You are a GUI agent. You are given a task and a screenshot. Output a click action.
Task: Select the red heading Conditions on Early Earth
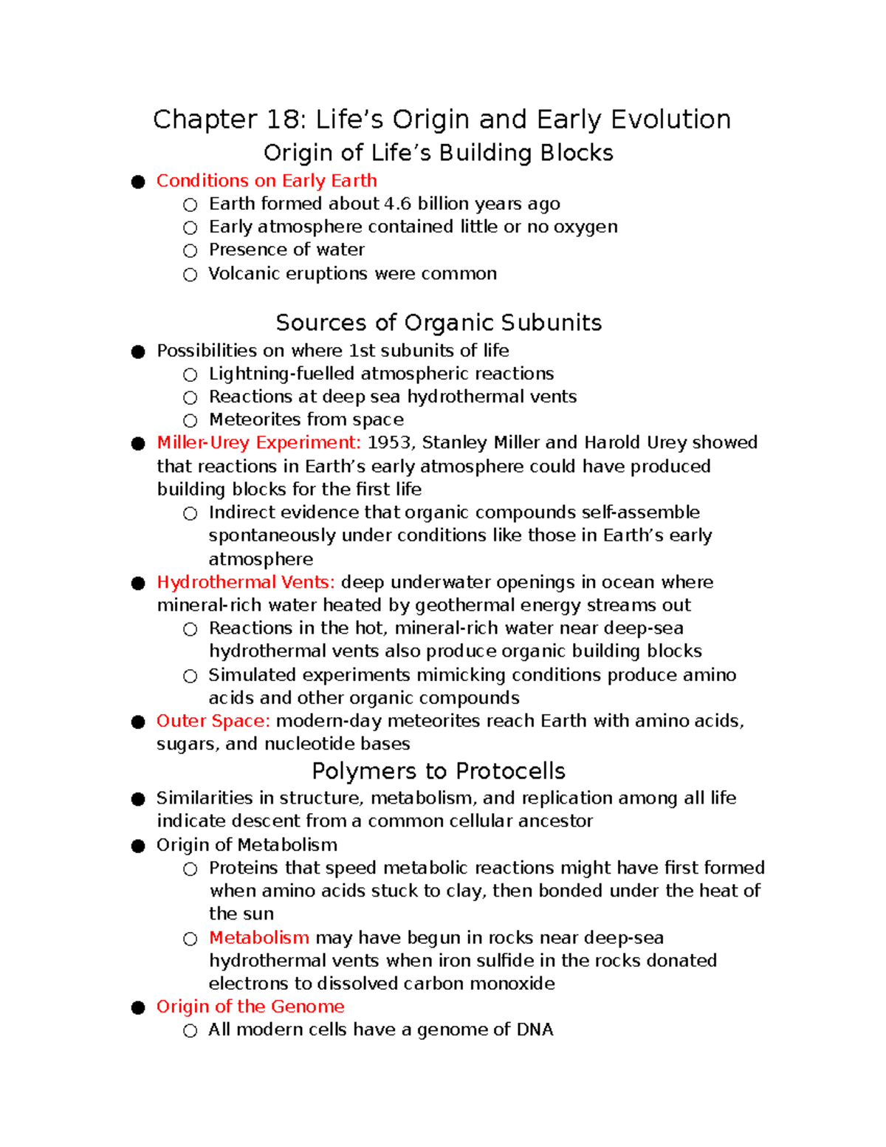tap(267, 181)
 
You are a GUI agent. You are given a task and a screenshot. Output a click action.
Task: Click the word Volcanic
tap(243, 274)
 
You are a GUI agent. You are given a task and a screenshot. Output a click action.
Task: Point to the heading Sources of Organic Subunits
tap(439, 323)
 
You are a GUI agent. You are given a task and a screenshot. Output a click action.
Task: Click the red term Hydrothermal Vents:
tap(246, 582)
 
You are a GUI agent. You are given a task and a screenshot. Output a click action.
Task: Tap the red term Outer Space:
tap(213, 721)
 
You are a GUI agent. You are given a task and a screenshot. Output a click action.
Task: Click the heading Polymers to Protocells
tap(439, 771)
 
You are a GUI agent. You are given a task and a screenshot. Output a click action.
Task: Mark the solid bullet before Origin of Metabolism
tap(138, 846)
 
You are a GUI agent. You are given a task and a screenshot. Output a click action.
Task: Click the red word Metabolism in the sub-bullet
tap(258, 938)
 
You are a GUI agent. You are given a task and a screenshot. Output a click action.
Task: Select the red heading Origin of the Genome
tap(250, 1007)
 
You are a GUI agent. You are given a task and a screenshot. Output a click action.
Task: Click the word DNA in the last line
tap(535, 1030)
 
